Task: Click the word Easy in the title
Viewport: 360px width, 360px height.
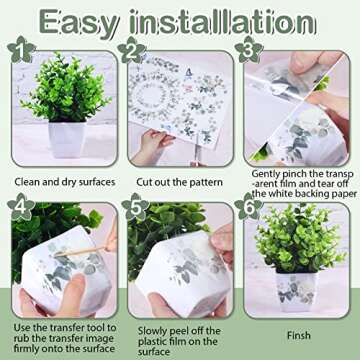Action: click(x=79, y=22)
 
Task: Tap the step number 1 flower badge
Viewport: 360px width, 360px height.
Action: click(x=21, y=49)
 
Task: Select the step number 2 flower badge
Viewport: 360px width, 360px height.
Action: click(x=132, y=50)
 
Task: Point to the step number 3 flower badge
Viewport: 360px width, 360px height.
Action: click(x=249, y=50)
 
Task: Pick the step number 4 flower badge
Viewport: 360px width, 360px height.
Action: click(x=21, y=206)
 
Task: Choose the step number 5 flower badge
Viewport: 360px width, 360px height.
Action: click(x=135, y=207)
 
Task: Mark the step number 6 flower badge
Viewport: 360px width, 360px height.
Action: click(x=249, y=206)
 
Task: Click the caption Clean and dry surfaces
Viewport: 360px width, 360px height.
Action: click(x=65, y=182)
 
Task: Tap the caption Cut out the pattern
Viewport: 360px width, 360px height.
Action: click(x=179, y=183)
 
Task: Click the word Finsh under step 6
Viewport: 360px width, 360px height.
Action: click(x=299, y=336)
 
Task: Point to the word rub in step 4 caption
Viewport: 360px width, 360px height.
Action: click(x=21, y=338)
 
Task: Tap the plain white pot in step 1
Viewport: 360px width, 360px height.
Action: click(x=67, y=139)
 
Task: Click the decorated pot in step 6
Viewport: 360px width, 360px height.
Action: click(x=295, y=291)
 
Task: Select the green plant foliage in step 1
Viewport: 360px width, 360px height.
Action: click(x=66, y=87)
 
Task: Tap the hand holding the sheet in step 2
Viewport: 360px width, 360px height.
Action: click(x=152, y=148)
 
